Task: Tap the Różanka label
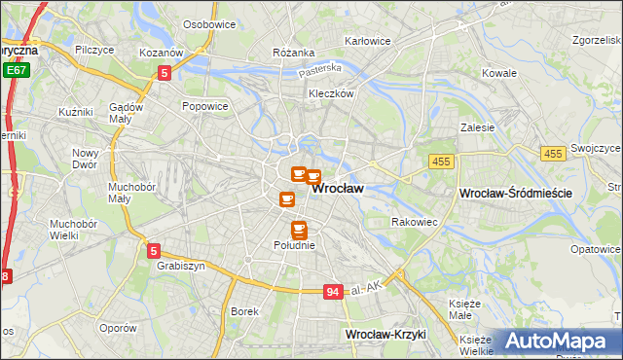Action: point(293,53)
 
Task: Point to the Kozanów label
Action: point(162,53)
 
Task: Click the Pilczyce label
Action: point(94,48)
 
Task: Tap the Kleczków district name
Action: point(329,93)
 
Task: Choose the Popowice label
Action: point(204,107)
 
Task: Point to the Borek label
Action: point(243,311)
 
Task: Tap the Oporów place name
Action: point(118,328)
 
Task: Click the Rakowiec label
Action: point(414,223)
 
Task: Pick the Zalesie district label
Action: point(478,127)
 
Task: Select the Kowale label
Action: point(499,73)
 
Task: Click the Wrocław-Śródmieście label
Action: point(515,195)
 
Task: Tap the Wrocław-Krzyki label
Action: point(386,335)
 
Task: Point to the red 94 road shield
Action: point(333,292)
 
